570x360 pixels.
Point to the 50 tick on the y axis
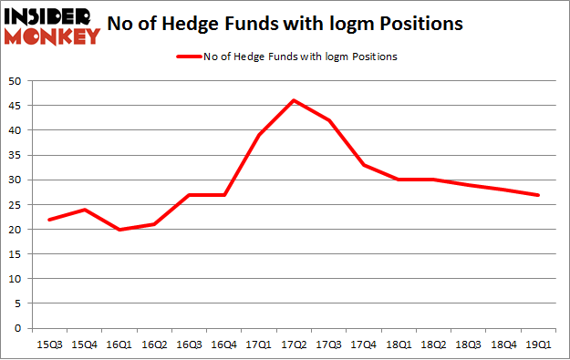pos(18,81)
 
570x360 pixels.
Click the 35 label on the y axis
pos(18,155)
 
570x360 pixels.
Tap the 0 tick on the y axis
pos(21,328)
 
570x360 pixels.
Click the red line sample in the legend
pos(187,57)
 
